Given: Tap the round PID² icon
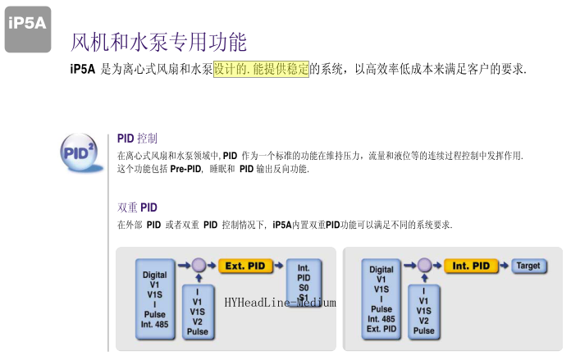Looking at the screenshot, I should tap(80, 152).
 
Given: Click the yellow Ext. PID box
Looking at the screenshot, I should tap(246, 266).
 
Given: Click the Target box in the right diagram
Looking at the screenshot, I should tap(529, 266).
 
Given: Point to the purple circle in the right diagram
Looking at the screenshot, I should tap(423, 266).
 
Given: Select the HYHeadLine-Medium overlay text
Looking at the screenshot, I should tap(280, 303).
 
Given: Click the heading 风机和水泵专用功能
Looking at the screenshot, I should tap(158, 41).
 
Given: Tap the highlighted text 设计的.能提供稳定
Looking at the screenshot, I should tap(261, 70).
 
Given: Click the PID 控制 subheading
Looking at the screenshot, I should tap(137, 138).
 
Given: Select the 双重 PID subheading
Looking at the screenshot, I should tap(137, 207).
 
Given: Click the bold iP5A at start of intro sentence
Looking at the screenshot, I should tap(83, 70).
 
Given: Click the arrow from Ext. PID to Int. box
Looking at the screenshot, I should tap(279, 266).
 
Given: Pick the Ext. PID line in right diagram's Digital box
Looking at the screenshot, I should tap(381, 329).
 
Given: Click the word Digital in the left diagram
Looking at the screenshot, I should tap(154, 275).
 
